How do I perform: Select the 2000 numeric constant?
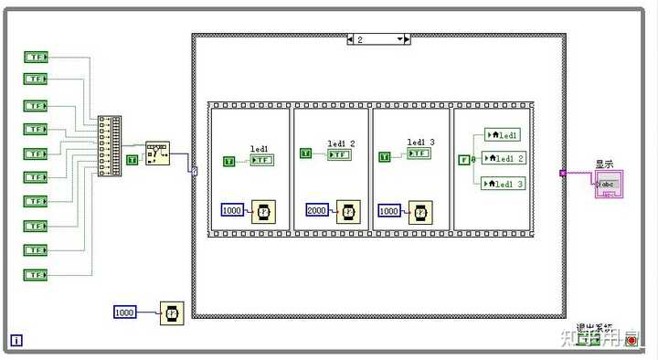(x=318, y=210)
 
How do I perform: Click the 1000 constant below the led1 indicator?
(x=233, y=210)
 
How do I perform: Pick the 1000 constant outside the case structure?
(x=125, y=312)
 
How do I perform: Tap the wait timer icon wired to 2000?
(x=348, y=212)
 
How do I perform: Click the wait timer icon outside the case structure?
(x=172, y=313)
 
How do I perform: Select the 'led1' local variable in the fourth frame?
(x=502, y=135)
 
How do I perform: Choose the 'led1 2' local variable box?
(x=504, y=158)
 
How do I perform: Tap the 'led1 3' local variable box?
(x=504, y=183)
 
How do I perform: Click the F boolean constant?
(x=464, y=160)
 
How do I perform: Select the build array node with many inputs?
(x=110, y=145)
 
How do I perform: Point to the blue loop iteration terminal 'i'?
(x=16, y=341)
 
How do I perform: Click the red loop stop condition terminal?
(x=631, y=340)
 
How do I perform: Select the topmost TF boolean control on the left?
(x=36, y=57)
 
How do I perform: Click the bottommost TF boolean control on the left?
(x=36, y=274)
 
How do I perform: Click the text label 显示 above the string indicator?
(x=604, y=164)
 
